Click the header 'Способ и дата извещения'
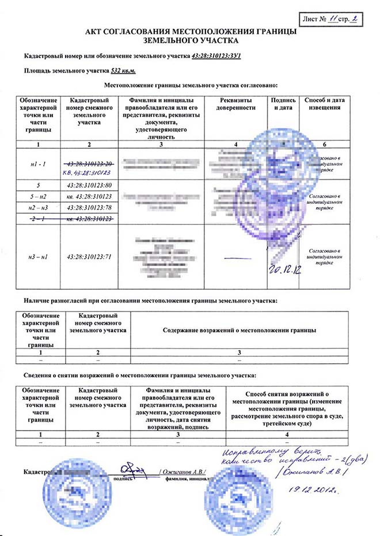pos(326,104)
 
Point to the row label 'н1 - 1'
pos(39,163)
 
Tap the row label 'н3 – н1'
pos(39,256)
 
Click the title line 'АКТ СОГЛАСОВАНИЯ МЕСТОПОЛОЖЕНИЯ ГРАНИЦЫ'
pos(191,32)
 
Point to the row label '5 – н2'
pos(39,196)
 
